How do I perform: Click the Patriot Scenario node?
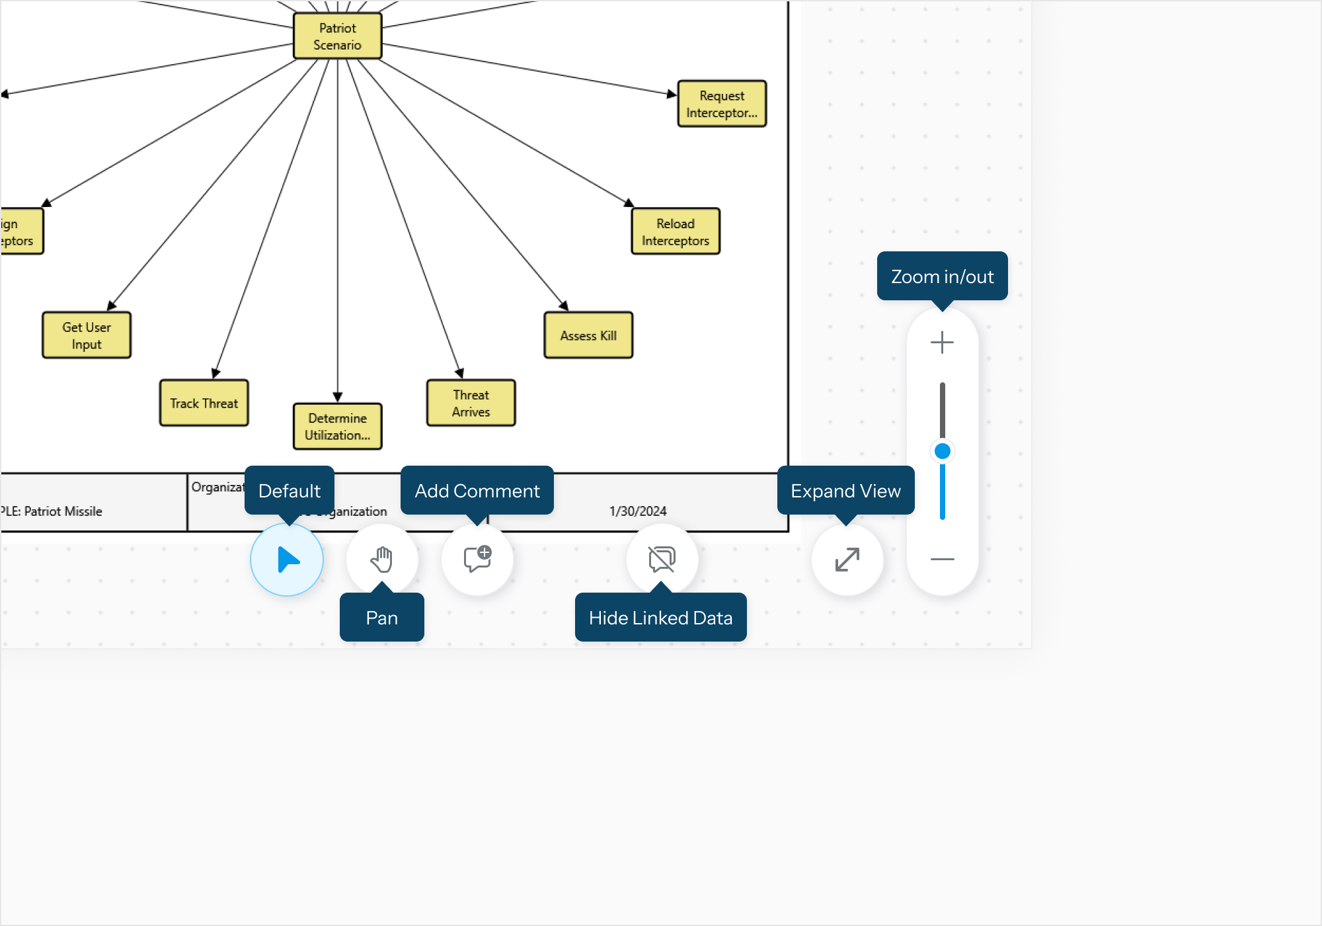337,36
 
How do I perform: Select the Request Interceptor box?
722,104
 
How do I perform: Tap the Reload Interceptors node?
675,232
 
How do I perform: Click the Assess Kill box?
588,335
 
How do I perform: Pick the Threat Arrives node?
471,403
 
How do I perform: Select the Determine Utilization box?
337,427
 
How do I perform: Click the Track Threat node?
204,403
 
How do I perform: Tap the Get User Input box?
87,335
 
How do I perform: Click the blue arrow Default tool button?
287,560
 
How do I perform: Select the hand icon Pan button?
382,560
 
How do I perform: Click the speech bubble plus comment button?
477,560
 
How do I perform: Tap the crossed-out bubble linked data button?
662,560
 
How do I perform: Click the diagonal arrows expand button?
847,560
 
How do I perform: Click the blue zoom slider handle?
943,451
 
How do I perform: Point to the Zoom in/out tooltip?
942,276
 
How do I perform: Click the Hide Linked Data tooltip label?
660,618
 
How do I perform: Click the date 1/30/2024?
638,511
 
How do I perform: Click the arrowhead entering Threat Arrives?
459,374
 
